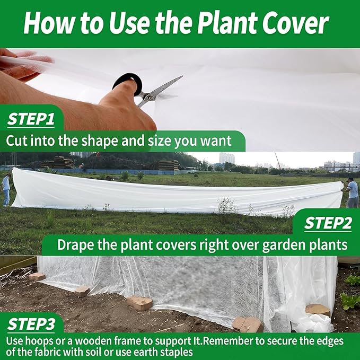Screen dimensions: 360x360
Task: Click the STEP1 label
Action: [x=31, y=119]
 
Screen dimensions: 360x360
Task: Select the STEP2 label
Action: [x=328, y=224]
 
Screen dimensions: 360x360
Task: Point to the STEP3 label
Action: [x=31, y=323]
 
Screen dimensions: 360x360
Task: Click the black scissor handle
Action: [x=129, y=83]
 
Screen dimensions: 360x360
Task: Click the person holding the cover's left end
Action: [x=6, y=189]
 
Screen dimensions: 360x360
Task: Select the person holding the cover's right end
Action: [x=352, y=192]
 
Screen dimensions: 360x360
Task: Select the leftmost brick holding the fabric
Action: [x=37, y=276]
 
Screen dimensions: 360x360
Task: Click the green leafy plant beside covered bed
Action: [x=350, y=300]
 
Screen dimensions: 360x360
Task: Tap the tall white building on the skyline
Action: [x=227, y=158]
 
